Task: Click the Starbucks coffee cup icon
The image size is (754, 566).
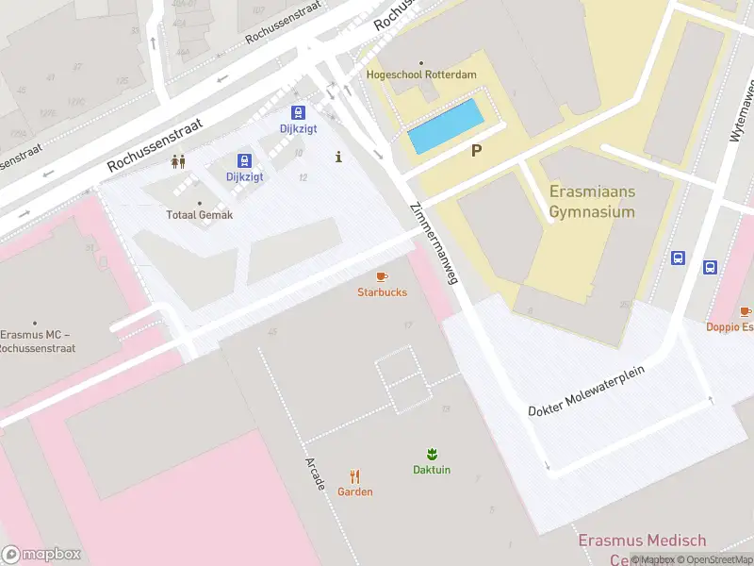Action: click(x=382, y=276)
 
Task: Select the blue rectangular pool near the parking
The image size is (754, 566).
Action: click(x=445, y=127)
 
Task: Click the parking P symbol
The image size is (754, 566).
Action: click(x=477, y=150)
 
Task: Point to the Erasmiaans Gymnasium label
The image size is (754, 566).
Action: click(x=592, y=202)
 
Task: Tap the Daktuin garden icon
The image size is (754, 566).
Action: click(x=432, y=454)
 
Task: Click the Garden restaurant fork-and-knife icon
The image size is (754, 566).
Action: click(x=355, y=476)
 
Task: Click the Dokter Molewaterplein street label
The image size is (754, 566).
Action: click(x=585, y=391)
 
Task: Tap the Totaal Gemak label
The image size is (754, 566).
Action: click(x=199, y=215)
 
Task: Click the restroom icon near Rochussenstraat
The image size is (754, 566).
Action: click(x=178, y=161)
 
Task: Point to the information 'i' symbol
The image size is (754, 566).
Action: click(x=338, y=158)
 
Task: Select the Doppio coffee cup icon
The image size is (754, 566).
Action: click(x=746, y=310)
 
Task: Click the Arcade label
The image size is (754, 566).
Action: click(x=316, y=474)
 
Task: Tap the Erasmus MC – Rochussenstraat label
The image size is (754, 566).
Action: click(x=37, y=341)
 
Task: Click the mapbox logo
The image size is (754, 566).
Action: click(x=41, y=555)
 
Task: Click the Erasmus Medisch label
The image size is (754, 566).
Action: click(x=641, y=541)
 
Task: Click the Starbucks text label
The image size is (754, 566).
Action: click(x=382, y=292)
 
